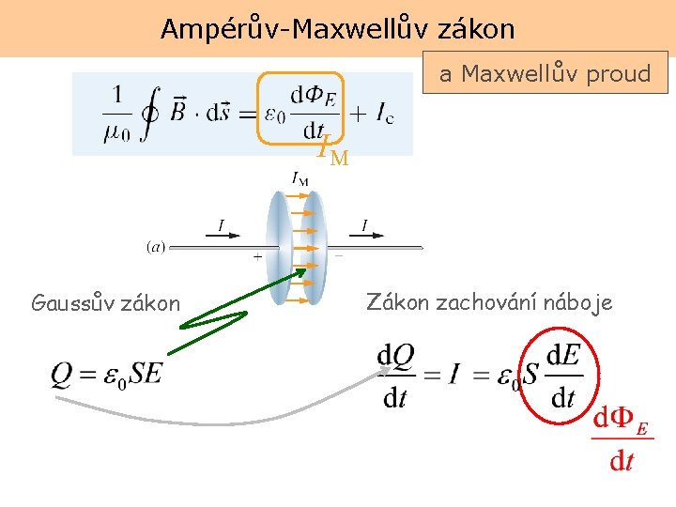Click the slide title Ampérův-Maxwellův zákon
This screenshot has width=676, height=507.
pyautogui.click(x=337, y=29)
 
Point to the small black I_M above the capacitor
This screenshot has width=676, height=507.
pyautogui.click(x=300, y=177)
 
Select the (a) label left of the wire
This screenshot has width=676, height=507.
pyautogui.click(x=156, y=247)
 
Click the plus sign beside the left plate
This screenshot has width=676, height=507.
pyautogui.click(x=257, y=255)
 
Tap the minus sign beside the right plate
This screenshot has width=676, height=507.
pyautogui.click(x=338, y=254)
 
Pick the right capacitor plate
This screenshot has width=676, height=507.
pyautogui.click(x=315, y=248)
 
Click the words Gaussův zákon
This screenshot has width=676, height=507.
pyautogui.click(x=105, y=303)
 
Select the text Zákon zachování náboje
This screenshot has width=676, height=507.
pyautogui.click(x=489, y=302)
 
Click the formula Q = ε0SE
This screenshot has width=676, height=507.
pyautogui.click(x=107, y=374)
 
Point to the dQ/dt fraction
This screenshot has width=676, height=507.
pyautogui.click(x=396, y=375)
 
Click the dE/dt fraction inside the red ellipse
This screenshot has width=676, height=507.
pyautogui.click(x=562, y=375)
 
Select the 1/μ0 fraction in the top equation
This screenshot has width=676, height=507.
pyautogui.click(x=116, y=114)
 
